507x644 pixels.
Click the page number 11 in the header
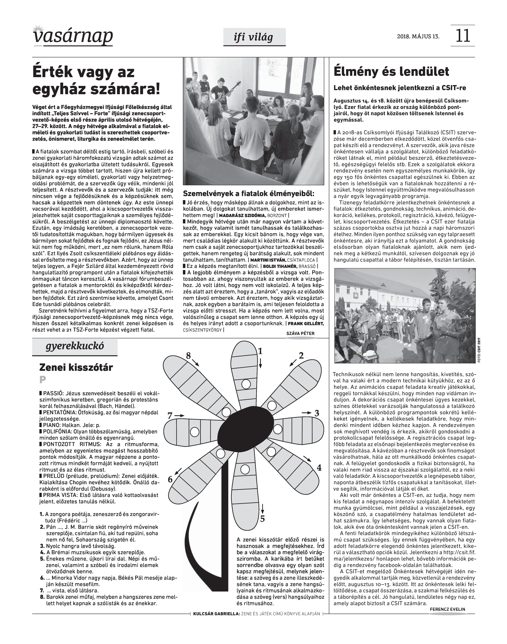click(x=462, y=36)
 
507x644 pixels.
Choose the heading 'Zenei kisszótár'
click(x=76, y=368)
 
